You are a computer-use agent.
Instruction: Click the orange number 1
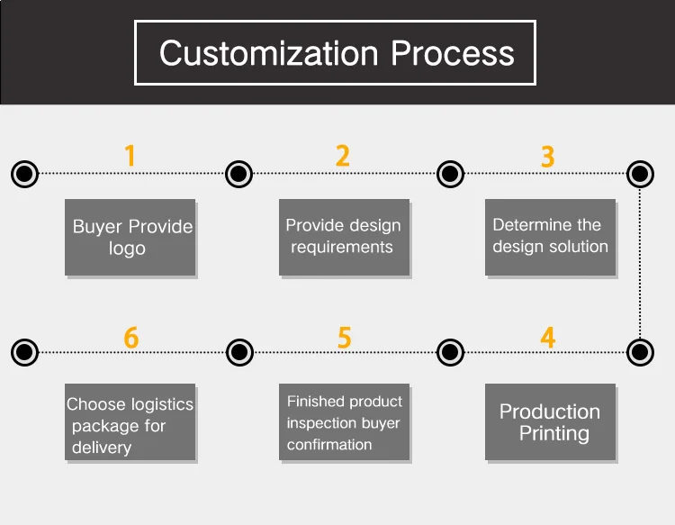click(130, 156)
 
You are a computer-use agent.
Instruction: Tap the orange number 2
click(342, 156)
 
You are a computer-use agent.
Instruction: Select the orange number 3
click(547, 156)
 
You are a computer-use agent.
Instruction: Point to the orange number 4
click(547, 338)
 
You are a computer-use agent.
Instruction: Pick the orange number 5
click(344, 338)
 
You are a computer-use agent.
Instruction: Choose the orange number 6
click(131, 338)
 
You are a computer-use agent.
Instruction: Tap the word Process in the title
click(453, 53)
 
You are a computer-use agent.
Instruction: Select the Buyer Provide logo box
click(130, 238)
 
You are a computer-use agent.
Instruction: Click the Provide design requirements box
click(343, 237)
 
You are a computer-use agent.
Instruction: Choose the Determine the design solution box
click(550, 237)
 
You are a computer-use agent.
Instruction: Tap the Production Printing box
click(550, 422)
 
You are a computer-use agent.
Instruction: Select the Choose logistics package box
click(130, 423)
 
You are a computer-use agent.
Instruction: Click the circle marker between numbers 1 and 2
click(238, 173)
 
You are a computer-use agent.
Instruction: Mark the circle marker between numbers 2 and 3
click(449, 173)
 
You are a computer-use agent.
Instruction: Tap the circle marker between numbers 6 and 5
click(238, 351)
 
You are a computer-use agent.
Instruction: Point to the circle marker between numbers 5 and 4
click(449, 351)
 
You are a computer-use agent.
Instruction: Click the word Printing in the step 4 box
click(553, 434)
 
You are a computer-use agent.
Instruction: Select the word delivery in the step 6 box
click(102, 448)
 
